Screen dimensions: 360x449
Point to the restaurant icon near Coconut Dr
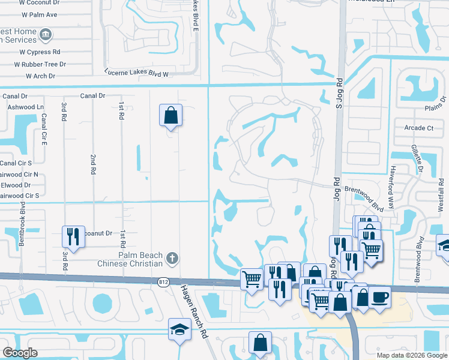pos(73,235)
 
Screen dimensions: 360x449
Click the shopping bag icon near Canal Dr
pos(170,114)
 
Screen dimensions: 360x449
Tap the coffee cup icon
pos(379,297)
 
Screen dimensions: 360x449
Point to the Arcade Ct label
pos(419,128)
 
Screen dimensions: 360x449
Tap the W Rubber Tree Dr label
pos(40,64)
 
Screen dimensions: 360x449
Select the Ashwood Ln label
pos(26,107)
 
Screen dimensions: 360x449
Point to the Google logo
pos(20,352)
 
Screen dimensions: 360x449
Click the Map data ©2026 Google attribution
pos(411,355)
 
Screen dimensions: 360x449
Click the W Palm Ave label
pos(38,14)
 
